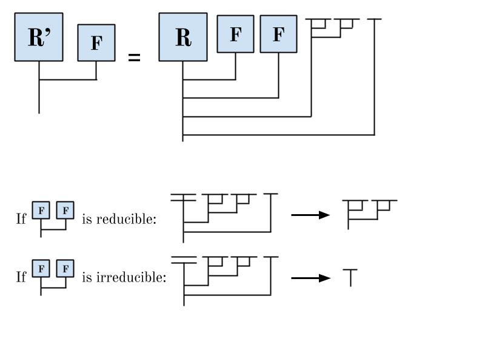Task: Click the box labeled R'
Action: click(39, 37)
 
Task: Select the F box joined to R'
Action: click(96, 44)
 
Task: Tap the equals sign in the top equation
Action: click(134, 58)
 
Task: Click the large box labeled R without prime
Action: click(182, 37)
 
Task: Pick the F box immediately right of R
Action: click(235, 35)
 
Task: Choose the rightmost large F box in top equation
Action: click(278, 35)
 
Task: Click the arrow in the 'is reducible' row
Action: click(310, 215)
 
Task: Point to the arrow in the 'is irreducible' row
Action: click(310, 278)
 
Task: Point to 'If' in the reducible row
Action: click(21, 219)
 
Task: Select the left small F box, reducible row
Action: click(41, 211)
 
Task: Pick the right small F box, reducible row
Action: click(65, 211)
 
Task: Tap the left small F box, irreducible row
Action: click(41, 268)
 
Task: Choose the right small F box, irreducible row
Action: click(65, 268)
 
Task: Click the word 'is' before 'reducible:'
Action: click(86, 219)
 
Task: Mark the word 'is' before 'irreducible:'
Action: click(86, 278)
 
